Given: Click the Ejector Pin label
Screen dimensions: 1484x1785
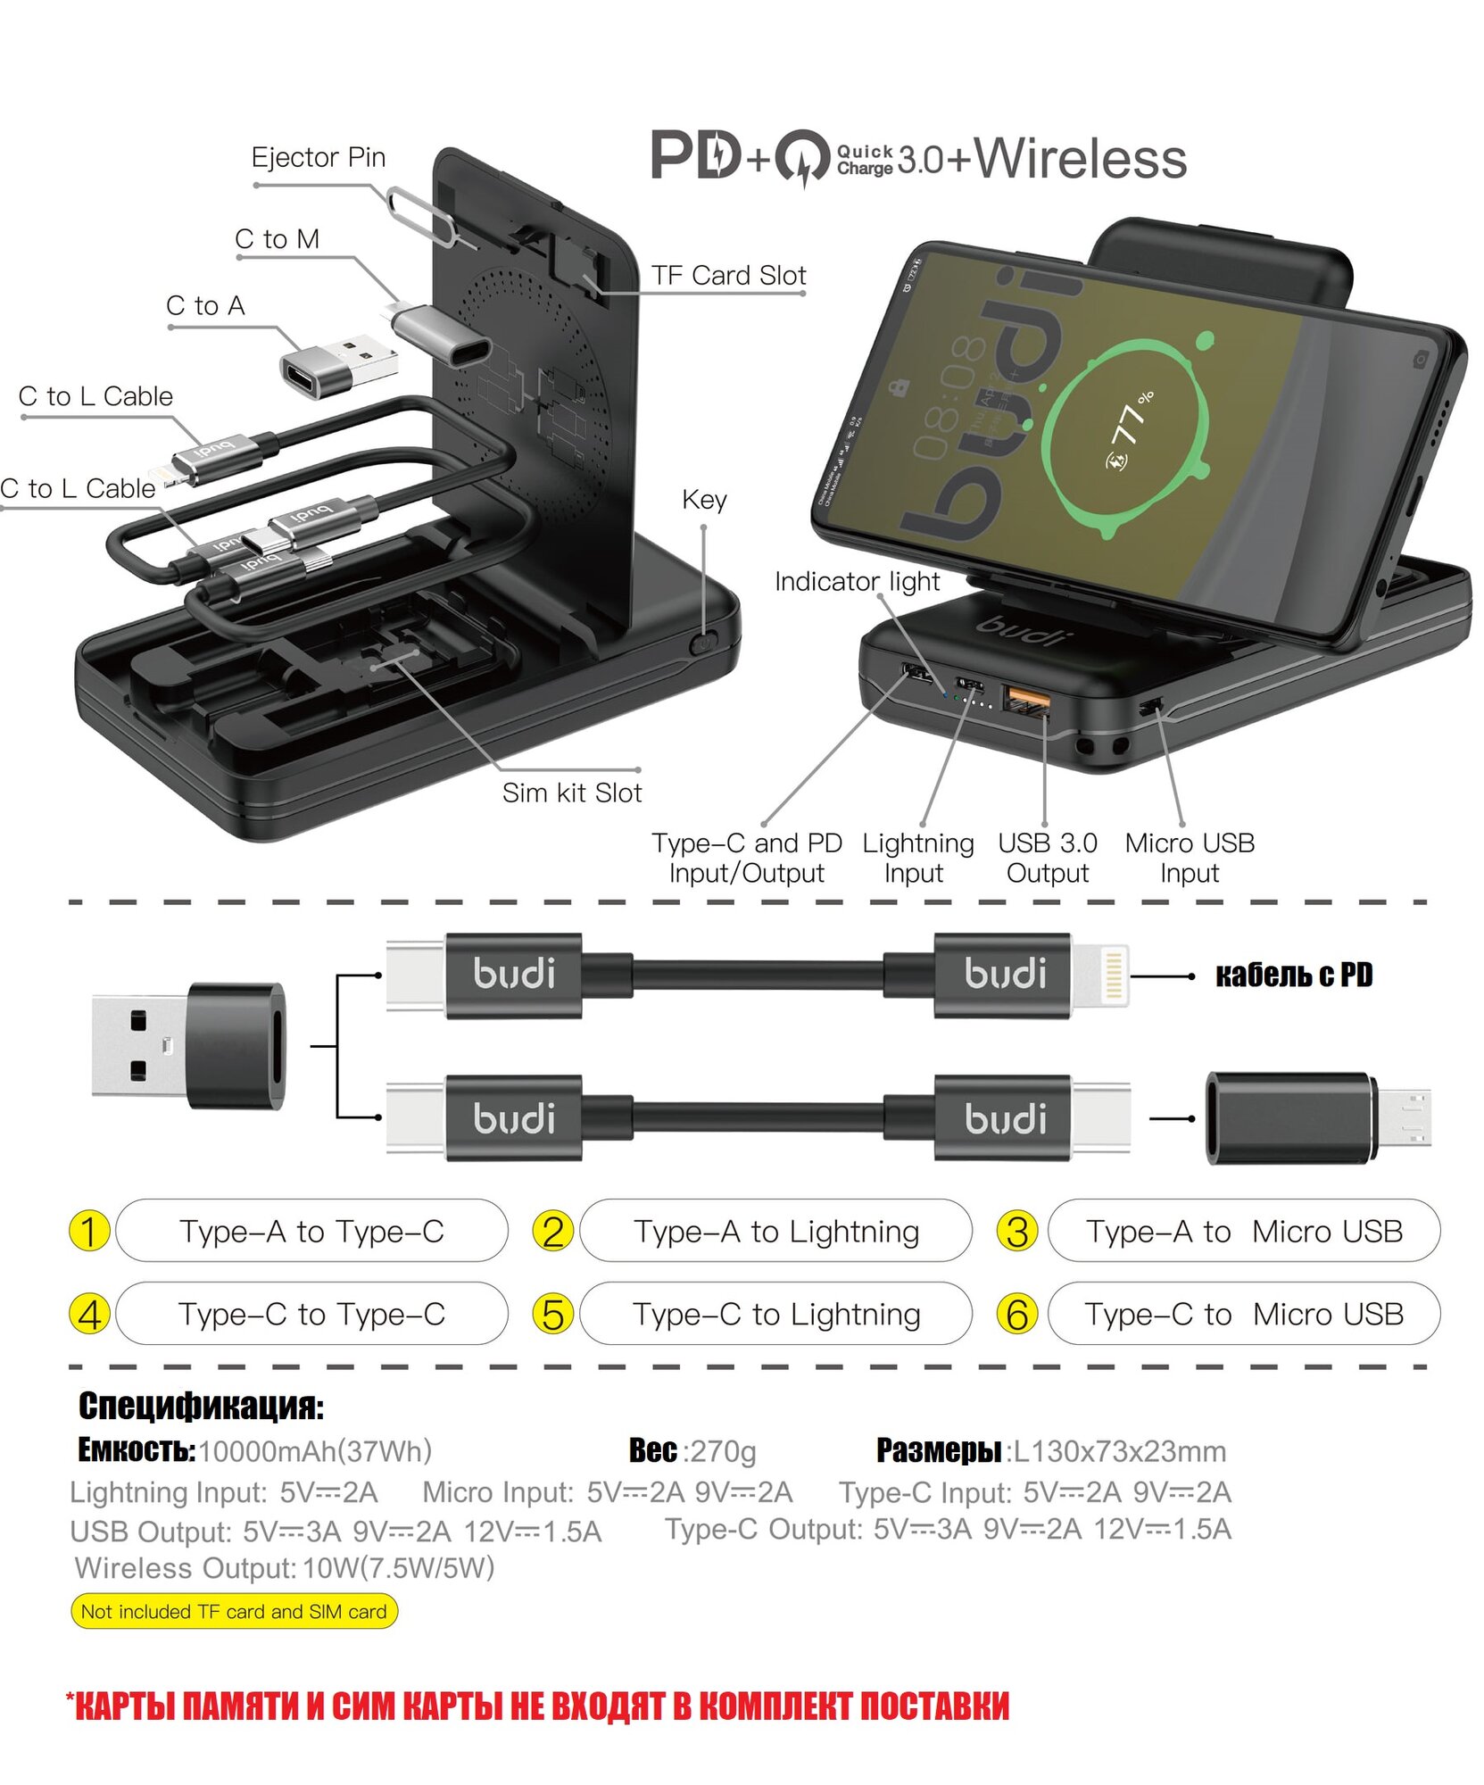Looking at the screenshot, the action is (318, 158).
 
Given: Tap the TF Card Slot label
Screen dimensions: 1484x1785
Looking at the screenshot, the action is (728, 276).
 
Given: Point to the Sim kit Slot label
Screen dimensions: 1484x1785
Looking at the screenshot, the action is (571, 793).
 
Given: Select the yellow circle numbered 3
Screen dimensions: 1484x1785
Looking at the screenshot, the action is (1016, 1232).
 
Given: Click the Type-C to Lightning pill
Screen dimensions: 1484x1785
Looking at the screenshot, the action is (775, 1314).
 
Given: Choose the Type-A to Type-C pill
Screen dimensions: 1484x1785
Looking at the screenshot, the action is (311, 1232).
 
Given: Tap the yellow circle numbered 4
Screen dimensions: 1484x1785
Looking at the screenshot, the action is (89, 1315).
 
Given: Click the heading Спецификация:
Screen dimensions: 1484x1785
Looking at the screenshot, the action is (201, 1406).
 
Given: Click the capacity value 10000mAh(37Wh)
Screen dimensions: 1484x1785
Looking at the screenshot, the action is (315, 1451).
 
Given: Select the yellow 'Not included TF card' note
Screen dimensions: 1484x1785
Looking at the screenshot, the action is (234, 1611).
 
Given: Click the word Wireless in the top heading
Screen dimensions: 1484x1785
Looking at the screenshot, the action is (1080, 159).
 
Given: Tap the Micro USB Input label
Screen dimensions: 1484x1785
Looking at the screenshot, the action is (1190, 858).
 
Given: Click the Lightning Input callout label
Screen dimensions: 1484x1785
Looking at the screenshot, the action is (917, 858).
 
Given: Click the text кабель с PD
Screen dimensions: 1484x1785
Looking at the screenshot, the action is (1293, 976).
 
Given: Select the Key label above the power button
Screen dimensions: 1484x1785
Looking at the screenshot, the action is (704, 500).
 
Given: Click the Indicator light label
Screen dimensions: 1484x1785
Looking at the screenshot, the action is (857, 582).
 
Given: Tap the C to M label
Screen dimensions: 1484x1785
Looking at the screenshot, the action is (277, 239).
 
